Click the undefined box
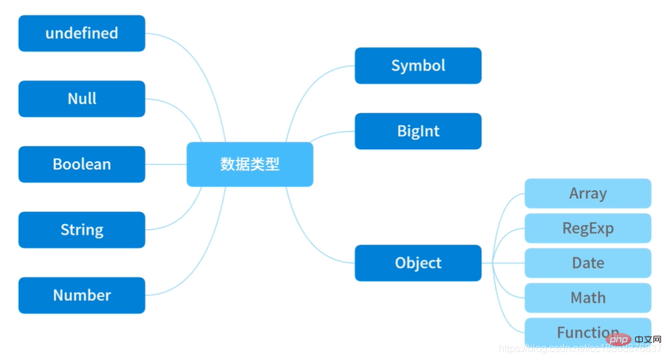82,33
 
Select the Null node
82,99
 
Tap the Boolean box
82,164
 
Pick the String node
82,230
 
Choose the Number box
82,295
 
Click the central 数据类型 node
250,164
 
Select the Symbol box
418,65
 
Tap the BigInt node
418,131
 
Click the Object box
418,263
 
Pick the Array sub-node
587,193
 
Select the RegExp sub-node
587,228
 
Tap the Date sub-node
587,263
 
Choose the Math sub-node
587,298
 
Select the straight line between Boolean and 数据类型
166,164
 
